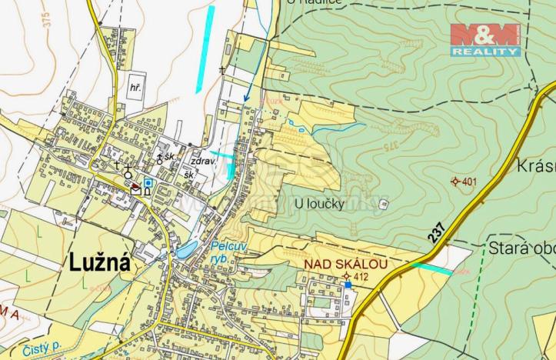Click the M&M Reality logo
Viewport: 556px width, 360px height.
click(484, 40)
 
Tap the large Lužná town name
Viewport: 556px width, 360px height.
click(100, 262)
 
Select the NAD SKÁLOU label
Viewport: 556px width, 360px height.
click(345, 264)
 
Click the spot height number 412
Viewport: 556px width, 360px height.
click(361, 276)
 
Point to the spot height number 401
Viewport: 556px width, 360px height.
click(469, 182)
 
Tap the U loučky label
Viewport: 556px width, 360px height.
click(319, 203)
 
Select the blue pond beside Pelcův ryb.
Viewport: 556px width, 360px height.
click(186, 248)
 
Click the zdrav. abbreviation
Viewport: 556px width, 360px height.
click(201, 162)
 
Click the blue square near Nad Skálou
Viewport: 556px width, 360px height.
click(348, 285)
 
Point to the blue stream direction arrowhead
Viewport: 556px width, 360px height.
click(247, 98)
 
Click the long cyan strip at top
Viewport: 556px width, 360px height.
click(205, 48)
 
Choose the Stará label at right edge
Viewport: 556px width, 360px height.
click(521, 248)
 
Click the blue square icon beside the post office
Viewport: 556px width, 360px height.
click(148, 182)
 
